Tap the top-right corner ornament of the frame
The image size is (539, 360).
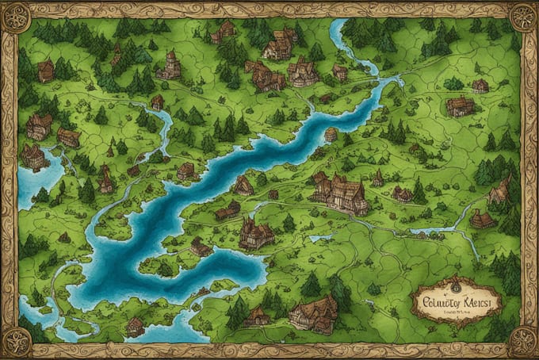pyautogui.click(x=523, y=16)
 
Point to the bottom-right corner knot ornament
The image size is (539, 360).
pyautogui.click(x=523, y=343)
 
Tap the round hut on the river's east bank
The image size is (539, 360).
pyautogui.click(x=331, y=134)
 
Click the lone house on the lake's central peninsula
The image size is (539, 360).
pyautogui.click(x=201, y=247)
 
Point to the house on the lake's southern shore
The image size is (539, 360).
pyautogui.click(x=136, y=325)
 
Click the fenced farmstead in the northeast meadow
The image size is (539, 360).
pyautogui.click(x=459, y=106)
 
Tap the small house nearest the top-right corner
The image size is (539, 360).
pyautogui.click(x=480, y=85)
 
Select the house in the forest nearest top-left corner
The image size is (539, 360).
pyautogui.click(x=46, y=70)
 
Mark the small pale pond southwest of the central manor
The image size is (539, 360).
pyautogui.click(x=320, y=237)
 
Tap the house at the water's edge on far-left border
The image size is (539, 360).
pyautogui.click(x=33, y=156)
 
